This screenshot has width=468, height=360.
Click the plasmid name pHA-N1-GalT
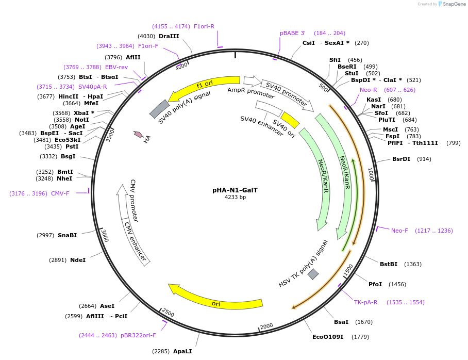pos(235,190)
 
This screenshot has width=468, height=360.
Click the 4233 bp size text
pos(235,197)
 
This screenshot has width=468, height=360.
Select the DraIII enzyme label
pos(169,36)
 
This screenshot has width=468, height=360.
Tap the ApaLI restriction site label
pos(182,351)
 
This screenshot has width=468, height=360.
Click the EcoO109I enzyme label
pos(328,337)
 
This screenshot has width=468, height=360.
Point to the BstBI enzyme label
pos(389,264)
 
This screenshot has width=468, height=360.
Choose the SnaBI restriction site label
pos(67,235)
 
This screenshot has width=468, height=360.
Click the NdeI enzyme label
pos(78,260)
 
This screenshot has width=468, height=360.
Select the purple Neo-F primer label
pos(399,231)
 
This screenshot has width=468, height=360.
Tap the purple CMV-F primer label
pos(60,193)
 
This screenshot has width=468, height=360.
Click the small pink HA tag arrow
pos(138,135)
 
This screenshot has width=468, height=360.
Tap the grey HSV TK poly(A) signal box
pos(313,274)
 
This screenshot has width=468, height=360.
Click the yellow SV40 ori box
pos(290,120)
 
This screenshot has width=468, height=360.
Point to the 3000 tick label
pos(105,236)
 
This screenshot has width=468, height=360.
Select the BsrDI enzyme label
pos(401,159)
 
